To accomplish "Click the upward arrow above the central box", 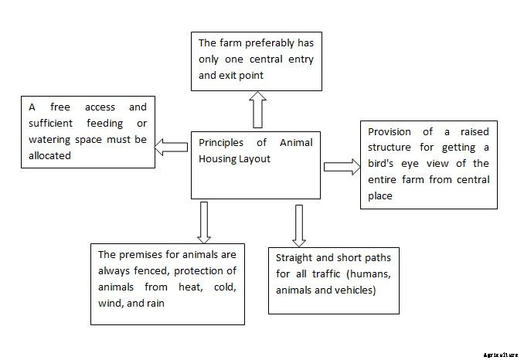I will tap(257, 109).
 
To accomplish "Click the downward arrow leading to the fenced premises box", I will tap(204, 221).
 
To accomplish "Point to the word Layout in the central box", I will tap(264, 158).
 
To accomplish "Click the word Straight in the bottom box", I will tap(294, 259).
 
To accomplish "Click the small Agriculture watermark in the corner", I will tap(501, 355).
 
